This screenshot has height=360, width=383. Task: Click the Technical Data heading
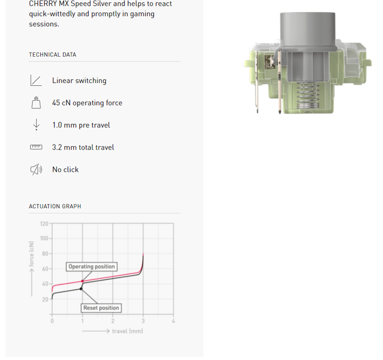53,55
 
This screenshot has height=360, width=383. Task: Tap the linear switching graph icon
36,81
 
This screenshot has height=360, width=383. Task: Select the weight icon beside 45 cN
36,103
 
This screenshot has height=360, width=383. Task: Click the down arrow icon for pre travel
36,125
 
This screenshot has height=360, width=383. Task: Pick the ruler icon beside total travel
36,147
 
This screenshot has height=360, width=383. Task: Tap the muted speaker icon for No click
36,170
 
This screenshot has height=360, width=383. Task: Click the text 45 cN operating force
87,103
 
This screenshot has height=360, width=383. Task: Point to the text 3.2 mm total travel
83,148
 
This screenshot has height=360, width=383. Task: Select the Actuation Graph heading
55,207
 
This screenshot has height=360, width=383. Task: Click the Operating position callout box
91,267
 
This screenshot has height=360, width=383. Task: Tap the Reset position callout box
101,308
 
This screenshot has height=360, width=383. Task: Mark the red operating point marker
82,281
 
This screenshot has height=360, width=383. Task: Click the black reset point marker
81,289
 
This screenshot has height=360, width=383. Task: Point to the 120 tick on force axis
44,224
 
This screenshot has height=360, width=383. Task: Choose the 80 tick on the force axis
45,254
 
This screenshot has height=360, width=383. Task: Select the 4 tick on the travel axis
173,321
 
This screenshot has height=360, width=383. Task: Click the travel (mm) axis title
127,331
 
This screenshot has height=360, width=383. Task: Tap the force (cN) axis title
32,254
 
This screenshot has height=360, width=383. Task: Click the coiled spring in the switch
308,95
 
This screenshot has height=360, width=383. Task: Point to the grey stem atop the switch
307,31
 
